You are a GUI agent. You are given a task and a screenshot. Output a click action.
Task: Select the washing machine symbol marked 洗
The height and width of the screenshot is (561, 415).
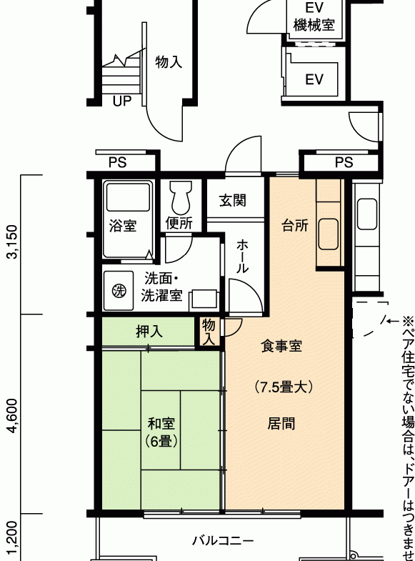119,291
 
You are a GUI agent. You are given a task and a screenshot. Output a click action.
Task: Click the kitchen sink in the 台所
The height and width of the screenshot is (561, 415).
329,234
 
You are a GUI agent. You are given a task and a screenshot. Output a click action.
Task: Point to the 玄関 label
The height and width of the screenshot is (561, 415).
233,200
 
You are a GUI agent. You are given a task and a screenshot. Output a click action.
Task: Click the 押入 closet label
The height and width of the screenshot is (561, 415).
149,332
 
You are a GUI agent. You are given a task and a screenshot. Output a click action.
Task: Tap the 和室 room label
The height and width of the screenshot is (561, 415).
161,423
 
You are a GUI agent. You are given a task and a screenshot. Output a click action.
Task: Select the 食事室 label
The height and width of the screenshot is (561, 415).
281,346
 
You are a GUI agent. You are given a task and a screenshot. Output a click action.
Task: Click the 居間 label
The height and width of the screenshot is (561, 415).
281,423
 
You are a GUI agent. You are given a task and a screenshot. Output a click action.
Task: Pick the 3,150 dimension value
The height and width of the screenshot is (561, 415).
14,242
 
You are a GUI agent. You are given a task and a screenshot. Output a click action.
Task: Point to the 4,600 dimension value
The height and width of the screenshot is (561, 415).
14,415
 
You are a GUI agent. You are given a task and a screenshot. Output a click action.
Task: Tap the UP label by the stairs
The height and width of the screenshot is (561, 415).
122,101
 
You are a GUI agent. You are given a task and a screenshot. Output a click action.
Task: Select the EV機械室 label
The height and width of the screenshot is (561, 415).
314,16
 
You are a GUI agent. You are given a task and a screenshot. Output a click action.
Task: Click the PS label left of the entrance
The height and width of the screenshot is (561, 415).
118,162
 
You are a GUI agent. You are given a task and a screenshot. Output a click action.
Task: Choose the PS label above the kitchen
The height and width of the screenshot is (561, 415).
344,162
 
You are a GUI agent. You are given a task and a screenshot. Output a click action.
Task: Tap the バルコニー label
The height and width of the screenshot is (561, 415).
223,540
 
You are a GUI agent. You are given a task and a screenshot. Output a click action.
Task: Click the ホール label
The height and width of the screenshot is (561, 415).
242,257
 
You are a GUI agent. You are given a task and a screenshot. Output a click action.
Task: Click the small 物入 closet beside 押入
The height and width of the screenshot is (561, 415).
209,332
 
